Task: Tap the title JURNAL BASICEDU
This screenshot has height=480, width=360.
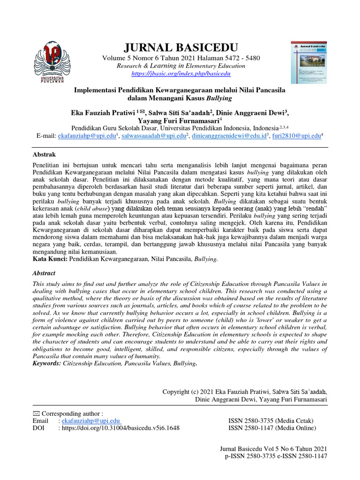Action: click(180, 47)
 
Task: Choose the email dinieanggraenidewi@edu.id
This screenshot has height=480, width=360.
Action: click(229, 136)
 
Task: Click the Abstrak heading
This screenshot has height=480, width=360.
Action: click(44, 154)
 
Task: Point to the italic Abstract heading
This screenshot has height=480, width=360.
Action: click(44, 273)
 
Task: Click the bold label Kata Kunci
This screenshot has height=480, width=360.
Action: click(50, 258)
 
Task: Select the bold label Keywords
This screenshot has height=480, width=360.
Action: click(48, 363)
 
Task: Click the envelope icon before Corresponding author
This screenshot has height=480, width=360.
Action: click(37, 413)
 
